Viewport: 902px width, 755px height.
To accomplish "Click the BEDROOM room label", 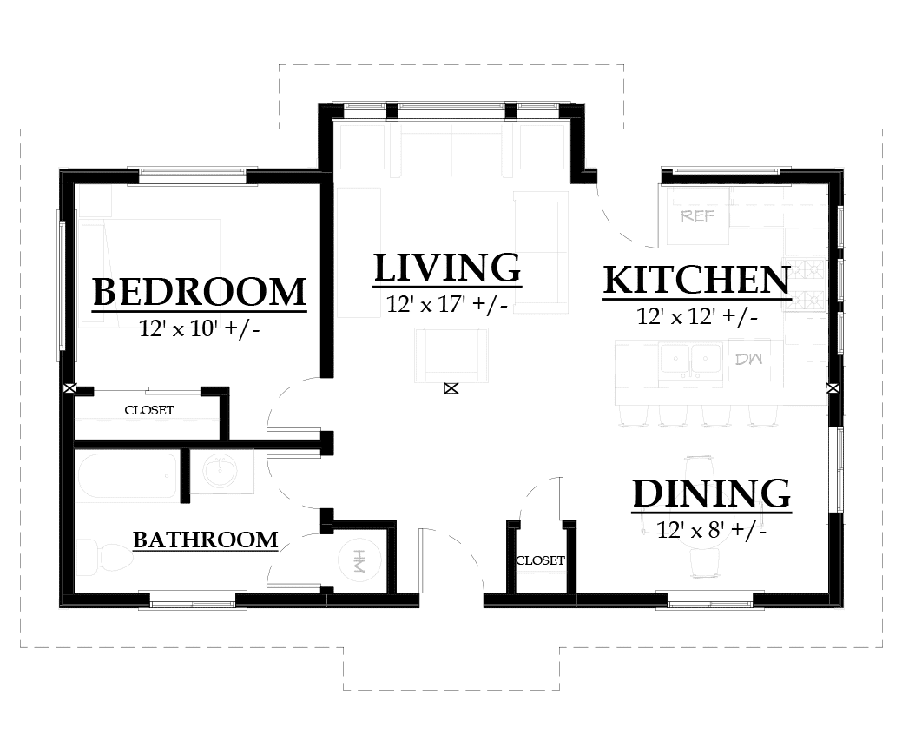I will (x=200, y=293).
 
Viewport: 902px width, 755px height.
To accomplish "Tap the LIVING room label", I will (x=447, y=268).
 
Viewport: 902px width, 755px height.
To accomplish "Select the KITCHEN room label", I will (x=696, y=281).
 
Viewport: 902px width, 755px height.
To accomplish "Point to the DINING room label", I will (x=711, y=493).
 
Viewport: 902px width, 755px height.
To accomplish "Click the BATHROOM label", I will (x=205, y=540).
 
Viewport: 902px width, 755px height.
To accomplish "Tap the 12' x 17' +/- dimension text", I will (x=447, y=304).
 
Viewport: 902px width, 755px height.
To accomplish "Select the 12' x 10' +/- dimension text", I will (x=199, y=329).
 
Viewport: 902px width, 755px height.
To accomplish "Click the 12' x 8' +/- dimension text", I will (x=711, y=529).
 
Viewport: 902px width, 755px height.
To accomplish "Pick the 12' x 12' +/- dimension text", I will (x=697, y=317).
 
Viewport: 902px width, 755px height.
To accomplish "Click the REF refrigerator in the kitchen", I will (x=698, y=215).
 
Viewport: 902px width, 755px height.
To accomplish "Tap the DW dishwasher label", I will (x=747, y=359).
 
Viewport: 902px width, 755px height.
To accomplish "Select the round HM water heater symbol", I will (x=358, y=563).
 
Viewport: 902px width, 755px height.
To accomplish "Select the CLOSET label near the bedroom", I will (x=148, y=410).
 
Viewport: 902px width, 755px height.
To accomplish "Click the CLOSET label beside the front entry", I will (x=540, y=561).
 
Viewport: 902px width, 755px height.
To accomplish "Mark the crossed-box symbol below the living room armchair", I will (x=451, y=388).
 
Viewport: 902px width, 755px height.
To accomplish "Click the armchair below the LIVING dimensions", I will (x=450, y=354).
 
